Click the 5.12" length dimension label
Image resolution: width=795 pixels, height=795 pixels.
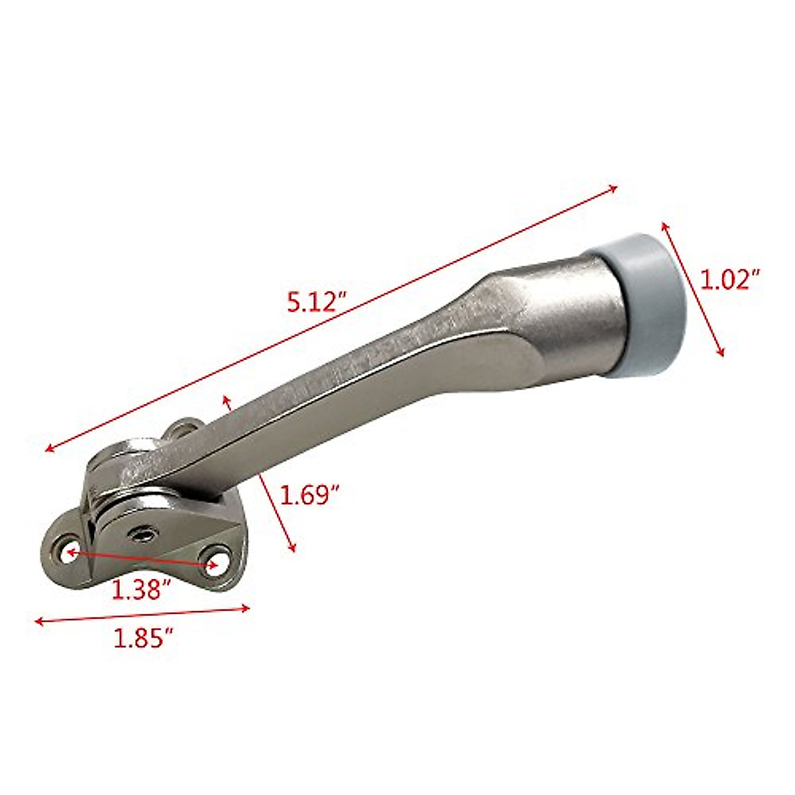pos(317,303)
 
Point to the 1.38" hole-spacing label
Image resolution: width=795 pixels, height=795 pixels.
pos(142,589)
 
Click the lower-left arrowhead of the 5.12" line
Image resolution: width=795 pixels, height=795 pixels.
pos(48,450)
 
